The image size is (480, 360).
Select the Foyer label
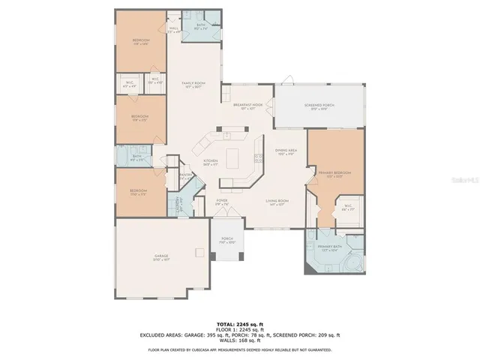[x=223, y=201]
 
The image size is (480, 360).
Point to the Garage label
[x=161, y=256]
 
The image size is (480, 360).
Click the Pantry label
[x=184, y=177]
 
